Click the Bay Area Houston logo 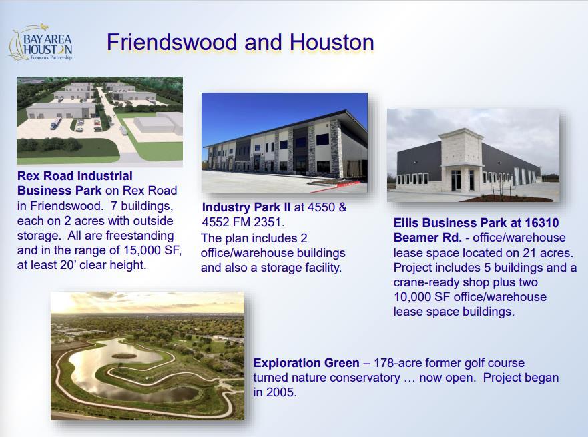point(41,42)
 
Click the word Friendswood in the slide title point(172,42)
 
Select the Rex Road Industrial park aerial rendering point(99,122)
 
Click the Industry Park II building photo point(284,143)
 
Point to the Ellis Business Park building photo point(473,155)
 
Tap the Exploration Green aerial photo point(148,356)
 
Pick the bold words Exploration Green point(306,363)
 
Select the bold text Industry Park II point(246,207)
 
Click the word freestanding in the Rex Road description point(140,236)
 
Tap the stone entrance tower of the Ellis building point(461,159)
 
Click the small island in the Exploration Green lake point(124,356)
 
